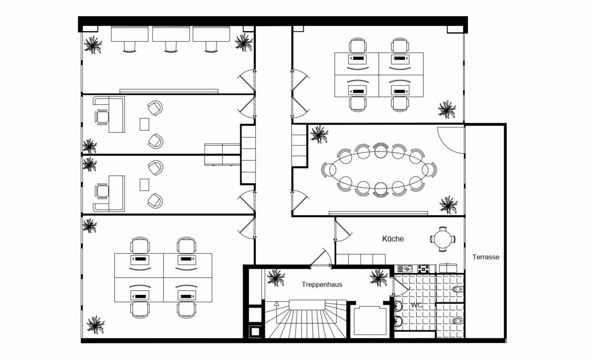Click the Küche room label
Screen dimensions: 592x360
coord(393,239)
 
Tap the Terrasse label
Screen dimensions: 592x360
coord(486,257)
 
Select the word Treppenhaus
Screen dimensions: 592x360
coord(322,284)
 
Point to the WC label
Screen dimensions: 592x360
coord(417,305)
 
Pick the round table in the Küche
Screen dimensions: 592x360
coord(443,239)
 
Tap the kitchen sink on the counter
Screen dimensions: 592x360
coord(405,269)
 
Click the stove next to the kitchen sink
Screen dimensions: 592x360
coord(424,269)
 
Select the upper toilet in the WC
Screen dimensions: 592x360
coord(458,289)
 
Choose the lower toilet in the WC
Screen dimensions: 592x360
coord(458,321)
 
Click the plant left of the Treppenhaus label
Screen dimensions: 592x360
coord(276,278)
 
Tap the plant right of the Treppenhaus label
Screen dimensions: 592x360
coord(379,278)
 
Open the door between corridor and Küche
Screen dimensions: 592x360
coord(342,231)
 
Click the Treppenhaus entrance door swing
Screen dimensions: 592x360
coord(321,258)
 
